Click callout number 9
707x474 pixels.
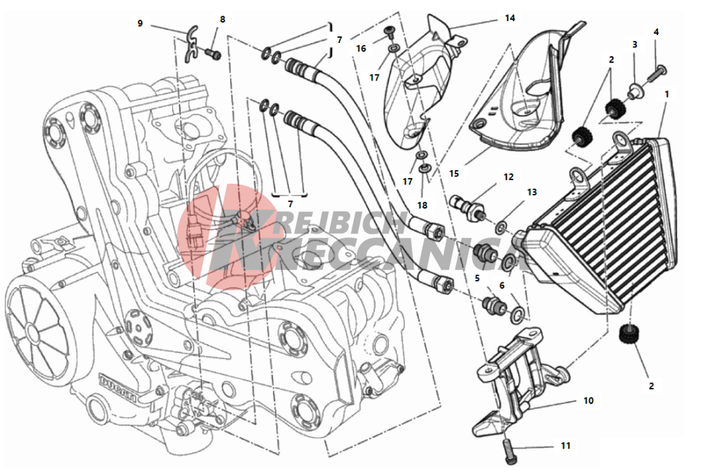(x=140, y=23)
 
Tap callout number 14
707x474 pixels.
(x=509, y=18)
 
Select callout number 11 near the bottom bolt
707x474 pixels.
(x=565, y=446)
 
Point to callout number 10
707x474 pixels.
(x=588, y=400)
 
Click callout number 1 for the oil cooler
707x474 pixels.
(x=667, y=94)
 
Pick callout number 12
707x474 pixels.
(x=509, y=176)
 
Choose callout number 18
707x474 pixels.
(x=422, y=205)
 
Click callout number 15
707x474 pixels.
(x=454, y=173)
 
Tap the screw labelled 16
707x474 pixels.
(x=389, y=31)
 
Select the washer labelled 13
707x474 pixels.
(x=501, y=228)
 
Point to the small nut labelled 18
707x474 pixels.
(x=424, y=170)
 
